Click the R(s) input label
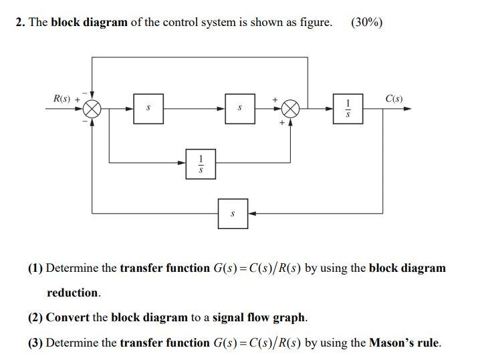pyautogui.click(x=63, y=99)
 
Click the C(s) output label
pyautogui.click(x=394, y=99)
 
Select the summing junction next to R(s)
pyautogui.click(x=92, y=109)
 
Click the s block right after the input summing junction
pyautogui.click(x=148, y=109)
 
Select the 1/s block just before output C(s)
pyautogui.click(x=347, y=109)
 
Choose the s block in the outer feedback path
pyautogui.click(x=232, y=213)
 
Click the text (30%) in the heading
pyautogui.click(x=366, y=23)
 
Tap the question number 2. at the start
pyautogui.click(x=21, y=23)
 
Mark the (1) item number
pyautogui.click(x=35, y=268)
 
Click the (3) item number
pyautogui.click(x=35, y=343)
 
